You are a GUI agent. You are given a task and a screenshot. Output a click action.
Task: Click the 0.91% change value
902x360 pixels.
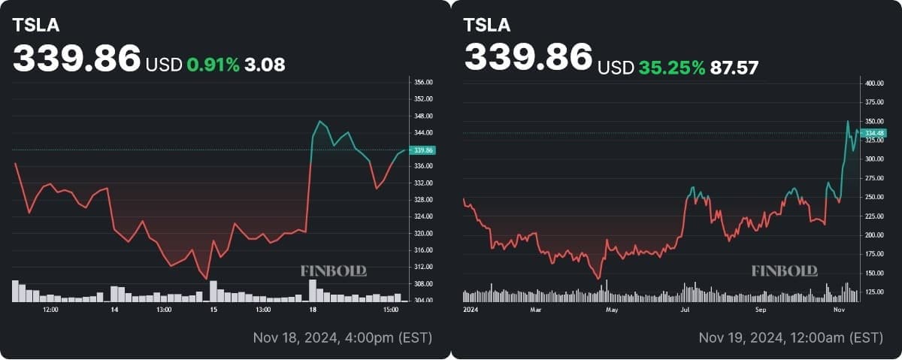click(x=213, y=65)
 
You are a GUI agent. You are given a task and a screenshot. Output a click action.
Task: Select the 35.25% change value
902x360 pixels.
click(x=671, y=68)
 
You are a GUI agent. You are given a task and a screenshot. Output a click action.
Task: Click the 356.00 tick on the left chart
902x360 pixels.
click(x=424, y=82)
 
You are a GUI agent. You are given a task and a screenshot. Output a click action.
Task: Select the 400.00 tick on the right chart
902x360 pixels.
click(x=874, y=83)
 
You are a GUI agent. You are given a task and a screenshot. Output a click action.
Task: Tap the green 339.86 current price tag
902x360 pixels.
click(x=424, y=150)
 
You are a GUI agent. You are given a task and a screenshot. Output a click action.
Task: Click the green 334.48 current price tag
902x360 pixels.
click(x=874, y=133)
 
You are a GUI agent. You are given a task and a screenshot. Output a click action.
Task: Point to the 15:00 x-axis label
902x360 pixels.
click(x=390, y=309)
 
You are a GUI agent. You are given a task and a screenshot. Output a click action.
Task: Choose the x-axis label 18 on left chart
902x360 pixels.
click(x=313, y=309)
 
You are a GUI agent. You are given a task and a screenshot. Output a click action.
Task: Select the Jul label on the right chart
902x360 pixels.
click(x=685, y=309)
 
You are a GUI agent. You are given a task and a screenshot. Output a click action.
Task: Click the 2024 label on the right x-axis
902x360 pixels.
click(x=472, y=309)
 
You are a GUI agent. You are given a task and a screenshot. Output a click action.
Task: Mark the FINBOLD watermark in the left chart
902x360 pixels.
click(x=333, y=271)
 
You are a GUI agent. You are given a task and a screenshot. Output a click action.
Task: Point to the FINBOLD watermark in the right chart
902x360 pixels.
click(x=784, y=271)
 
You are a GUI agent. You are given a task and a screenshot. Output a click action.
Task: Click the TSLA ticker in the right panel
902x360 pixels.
click(x=487, y=24)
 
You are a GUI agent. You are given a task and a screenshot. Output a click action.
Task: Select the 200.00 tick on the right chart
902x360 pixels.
click(x=874, y=235)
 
